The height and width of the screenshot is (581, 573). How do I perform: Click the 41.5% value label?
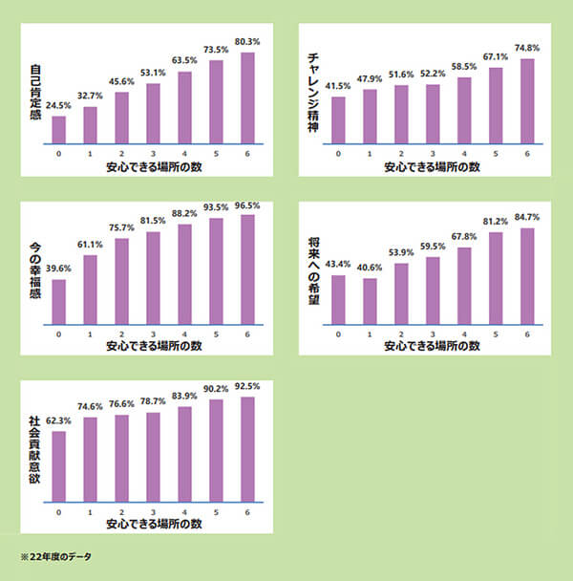(337, 86)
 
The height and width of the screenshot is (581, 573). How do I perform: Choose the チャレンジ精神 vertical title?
(313, 92)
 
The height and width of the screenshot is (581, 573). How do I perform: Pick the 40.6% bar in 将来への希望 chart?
(369, 301)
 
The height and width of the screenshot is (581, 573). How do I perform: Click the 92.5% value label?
(247, 386)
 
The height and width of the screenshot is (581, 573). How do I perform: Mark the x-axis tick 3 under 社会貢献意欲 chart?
(153, 512)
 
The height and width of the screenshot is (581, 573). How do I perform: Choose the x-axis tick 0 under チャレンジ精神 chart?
(337, 155)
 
